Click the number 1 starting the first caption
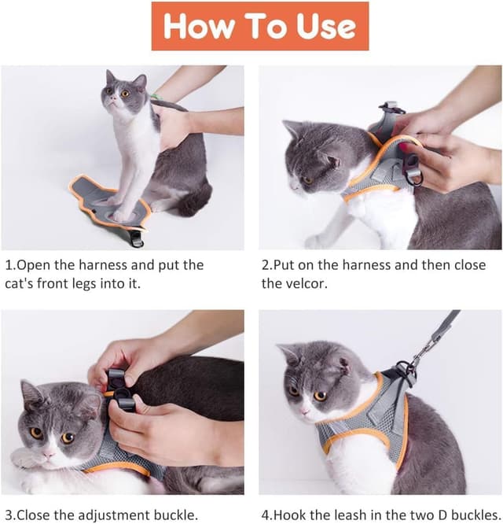point(9,265)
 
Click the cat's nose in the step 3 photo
point(50,455)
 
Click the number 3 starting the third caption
point(9,515)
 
